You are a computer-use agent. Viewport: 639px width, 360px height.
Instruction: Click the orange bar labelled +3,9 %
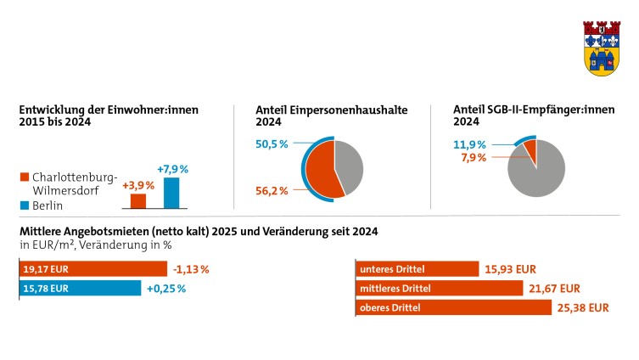[x=137, y=200]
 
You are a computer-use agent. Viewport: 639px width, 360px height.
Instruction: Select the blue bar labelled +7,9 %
[x=171, y=193]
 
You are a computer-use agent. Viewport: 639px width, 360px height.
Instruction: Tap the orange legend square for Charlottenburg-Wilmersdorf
[x=24, y=177]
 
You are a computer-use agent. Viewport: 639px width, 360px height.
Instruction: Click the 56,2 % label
[x=272, y=191]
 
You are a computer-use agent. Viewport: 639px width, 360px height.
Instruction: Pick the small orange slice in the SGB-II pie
[x=530, y=149]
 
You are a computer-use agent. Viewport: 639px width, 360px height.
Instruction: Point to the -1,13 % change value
[x=190, y=269]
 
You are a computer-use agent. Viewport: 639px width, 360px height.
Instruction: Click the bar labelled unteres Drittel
[x=417, y=269]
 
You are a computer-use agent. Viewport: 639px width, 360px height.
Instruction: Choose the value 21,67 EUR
[x=556, y=289]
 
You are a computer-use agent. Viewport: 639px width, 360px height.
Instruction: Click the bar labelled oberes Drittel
[x=439, y=307]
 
